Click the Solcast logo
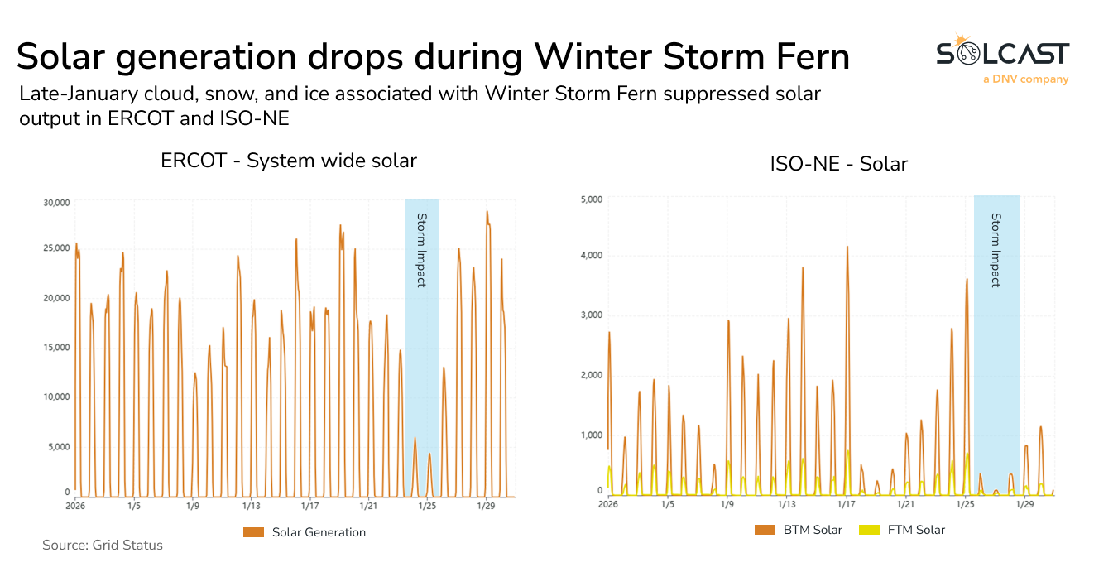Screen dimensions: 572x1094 tap(1002, 55)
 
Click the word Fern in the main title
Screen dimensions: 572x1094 tap(799, 56)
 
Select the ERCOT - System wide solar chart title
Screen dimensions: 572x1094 tap(288, 161)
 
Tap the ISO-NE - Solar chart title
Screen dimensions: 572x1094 tap(838, 164)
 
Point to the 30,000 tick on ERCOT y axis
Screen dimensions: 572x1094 tap(55, 202)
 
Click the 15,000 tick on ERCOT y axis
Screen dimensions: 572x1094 tap(55, 347)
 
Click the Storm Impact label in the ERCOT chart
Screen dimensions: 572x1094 tap(421, 250)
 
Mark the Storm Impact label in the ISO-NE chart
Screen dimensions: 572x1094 tap(996, 250)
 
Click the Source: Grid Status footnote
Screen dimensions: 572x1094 tap(103, 546)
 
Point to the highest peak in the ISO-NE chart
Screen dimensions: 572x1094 tap(847, 247)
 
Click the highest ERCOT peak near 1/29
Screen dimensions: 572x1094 tap(487, 212)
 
